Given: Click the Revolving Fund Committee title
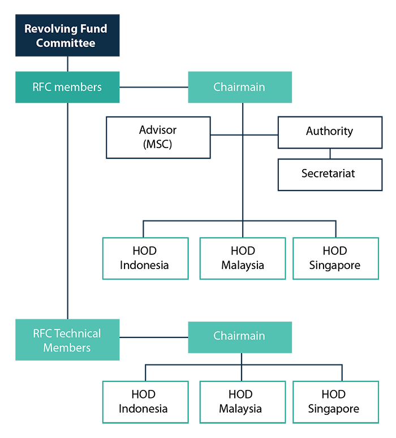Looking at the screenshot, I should click(x=66, y=36).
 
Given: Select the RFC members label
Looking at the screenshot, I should click(x=67, y=87).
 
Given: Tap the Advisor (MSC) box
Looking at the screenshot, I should click(x=158, y=137).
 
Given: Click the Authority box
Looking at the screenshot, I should click(x=329, y=131).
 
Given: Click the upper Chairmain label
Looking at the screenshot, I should click(x=239, y=87).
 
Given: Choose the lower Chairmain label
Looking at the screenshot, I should click(x=239, y=336).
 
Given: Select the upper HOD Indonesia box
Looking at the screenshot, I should click(x=145, y=258).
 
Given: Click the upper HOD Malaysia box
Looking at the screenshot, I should click(x=242, y=258).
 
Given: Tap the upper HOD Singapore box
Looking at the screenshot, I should click(x=335, y=258).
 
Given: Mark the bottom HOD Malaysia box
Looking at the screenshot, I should click(x=241, y=402).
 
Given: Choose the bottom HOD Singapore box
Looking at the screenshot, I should click(x=333, y=402).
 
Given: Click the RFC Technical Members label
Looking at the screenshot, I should click(x=67, y=340).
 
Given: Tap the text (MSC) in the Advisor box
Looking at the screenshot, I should click(x=158, y=144).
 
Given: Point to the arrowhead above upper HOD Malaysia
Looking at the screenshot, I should click(x=242, y=232).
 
